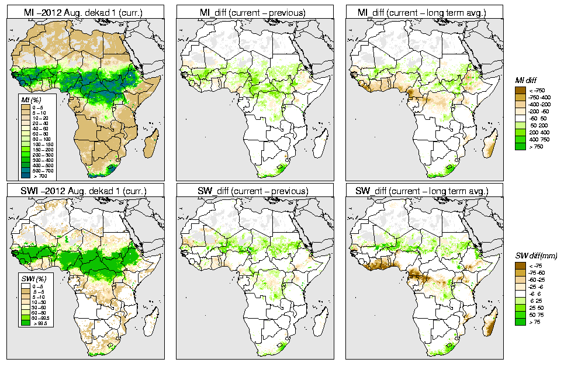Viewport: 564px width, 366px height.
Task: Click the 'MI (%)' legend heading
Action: click(26, 101)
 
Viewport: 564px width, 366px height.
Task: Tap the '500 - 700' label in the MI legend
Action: click(41, 170)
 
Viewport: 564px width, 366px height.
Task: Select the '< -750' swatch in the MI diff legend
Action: click(518, 90)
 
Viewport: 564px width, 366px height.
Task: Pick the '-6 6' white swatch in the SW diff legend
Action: click(518, 294)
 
